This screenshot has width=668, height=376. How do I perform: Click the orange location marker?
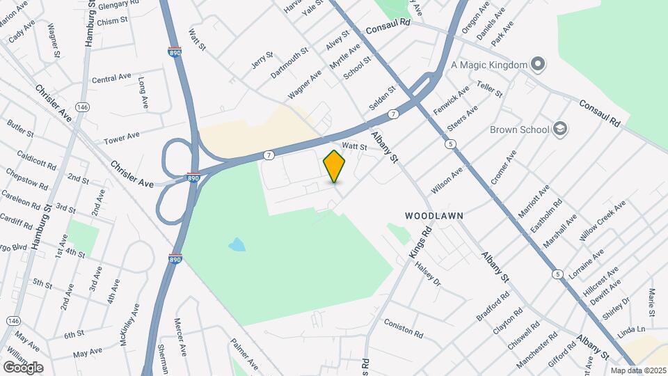[335, 166]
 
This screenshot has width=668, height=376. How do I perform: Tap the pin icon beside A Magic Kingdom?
[537, 65]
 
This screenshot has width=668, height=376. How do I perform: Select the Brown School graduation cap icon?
[561, 129]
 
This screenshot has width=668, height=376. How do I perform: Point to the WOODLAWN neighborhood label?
[435, 217]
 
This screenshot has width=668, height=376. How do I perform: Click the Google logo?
[23, 367]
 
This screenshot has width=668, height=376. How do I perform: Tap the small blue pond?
[237, 244]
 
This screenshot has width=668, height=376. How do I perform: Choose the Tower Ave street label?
[122, 137]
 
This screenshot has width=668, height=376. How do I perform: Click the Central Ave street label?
[111, 78]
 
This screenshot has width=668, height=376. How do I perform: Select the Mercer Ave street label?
[180, 336]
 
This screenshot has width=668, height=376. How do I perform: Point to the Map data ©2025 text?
[637, 370]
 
